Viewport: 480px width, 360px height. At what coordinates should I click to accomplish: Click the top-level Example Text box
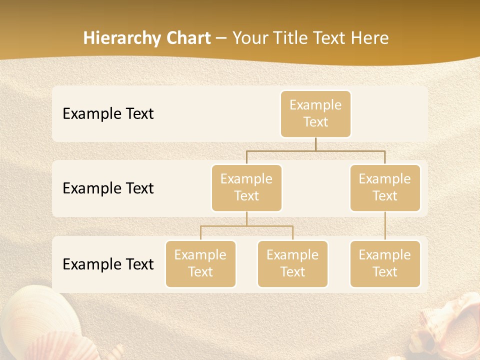click(315, 114)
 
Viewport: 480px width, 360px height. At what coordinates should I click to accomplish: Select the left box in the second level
click(246, 188)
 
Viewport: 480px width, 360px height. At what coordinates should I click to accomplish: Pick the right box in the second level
click(385, 188)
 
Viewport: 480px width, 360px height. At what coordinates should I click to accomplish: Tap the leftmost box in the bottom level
click(200, 264)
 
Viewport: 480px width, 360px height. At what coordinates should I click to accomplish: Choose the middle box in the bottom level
click(292, 264)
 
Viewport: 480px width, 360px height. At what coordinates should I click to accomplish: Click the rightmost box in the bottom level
click(385, 264)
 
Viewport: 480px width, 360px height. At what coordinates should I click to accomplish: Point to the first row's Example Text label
click(108, 114)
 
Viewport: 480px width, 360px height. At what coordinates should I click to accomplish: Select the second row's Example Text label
click(108, 188)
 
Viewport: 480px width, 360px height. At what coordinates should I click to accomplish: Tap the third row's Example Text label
click(108, 264)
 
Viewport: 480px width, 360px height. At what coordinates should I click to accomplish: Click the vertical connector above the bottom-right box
click(385, 226)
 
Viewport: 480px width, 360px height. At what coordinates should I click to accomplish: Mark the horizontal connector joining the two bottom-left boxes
click(246, 226)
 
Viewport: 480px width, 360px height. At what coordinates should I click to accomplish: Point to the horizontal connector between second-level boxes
click(315, 150)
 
